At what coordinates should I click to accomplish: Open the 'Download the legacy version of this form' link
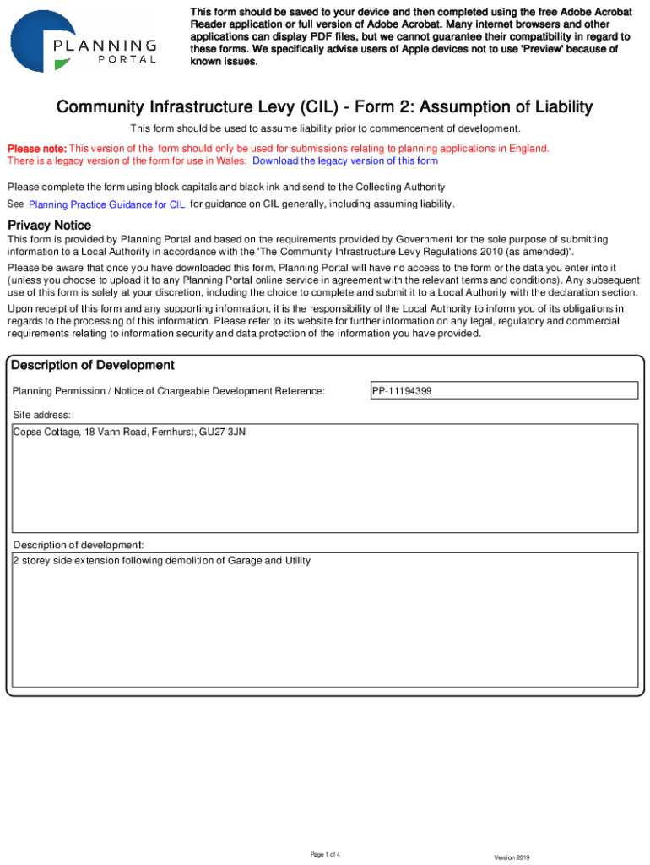pyautogui.click(x=345, y=161)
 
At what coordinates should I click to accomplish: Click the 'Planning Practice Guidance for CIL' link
pyautogui.click(x=106, y=204)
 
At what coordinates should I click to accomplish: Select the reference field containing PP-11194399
pyautogui.click(x=504, y=391)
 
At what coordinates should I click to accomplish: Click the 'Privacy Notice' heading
pyautogui.click(x=49, y=226)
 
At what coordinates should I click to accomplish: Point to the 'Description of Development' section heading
pyautogui.click(x=91, y=365)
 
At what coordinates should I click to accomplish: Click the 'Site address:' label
pyautogui.click(x=41, y=416)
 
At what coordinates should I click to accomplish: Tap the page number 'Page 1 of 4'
pyautogui.click(x=325, y=855)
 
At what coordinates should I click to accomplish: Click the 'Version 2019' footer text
pyautogui.click(x=512, y=857)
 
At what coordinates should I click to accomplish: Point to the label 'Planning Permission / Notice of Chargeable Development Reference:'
pyautogui.click(x=169, y=391)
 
